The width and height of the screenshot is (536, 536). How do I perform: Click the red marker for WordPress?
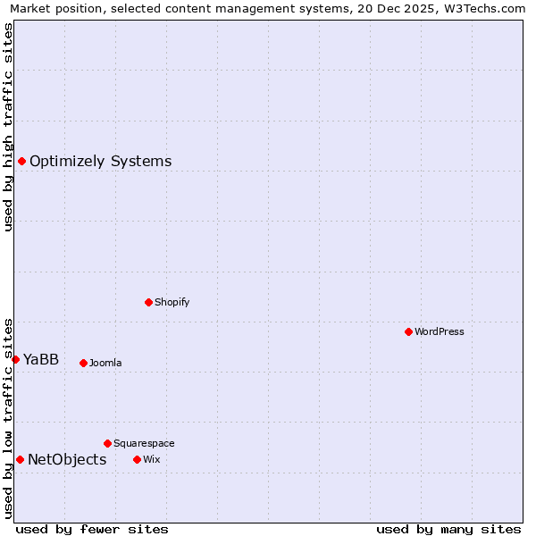[408, 331]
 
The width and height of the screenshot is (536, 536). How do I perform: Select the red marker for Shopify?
[148, 302]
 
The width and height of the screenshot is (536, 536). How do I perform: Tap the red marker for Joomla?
[83, 363]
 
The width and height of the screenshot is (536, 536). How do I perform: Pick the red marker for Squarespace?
[107, 443]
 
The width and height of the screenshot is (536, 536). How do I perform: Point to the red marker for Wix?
[137, 459]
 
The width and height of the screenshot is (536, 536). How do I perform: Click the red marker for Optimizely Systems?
[21, 161]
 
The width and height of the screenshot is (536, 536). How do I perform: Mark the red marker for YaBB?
[15, 359]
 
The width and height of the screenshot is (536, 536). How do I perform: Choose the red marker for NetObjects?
[20, 459]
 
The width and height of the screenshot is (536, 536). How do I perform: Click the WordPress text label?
[440, 331]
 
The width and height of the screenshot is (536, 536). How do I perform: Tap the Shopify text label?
[172, 302]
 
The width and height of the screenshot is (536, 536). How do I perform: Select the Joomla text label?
[105, 363]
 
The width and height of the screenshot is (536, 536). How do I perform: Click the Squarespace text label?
[144, 443]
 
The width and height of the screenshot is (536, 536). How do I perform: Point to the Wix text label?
[151, 459]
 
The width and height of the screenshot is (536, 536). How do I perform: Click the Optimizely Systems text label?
[101, 161]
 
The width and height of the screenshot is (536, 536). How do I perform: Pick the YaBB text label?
[41, 359]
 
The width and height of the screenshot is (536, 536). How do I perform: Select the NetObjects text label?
[67, 459]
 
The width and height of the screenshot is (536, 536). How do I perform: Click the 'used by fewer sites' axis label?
[92, 529]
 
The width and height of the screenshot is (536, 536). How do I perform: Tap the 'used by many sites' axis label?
[448, 529]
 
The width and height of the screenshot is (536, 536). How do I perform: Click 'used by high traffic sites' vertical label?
[8, 127]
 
